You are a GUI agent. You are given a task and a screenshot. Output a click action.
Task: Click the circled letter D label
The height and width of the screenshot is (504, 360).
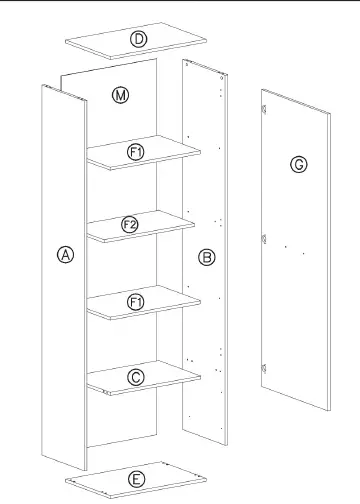coord(138,39)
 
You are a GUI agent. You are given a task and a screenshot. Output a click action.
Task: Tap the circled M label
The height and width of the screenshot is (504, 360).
coord(120,95)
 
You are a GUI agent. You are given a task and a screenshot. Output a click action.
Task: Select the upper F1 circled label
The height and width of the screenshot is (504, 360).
coord(136,152)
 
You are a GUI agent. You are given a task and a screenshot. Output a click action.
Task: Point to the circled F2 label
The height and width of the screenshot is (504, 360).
coord(130,225)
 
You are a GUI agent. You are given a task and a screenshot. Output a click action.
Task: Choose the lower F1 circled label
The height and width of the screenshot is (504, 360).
coord(136,302)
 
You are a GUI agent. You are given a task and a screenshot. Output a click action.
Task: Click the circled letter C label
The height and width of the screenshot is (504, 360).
coord(136,378)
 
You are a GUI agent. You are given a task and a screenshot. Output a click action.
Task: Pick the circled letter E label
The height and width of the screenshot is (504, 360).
coord(137,480)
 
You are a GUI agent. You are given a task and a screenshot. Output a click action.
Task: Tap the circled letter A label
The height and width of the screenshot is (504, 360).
coord(66,255)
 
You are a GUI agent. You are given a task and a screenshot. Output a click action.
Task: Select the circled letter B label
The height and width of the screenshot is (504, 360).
coord(207,257)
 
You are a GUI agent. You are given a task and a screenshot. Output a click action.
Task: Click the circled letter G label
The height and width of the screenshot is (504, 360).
coord(299,165)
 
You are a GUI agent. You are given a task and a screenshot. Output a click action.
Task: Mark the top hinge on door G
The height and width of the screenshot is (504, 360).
coord(264,109)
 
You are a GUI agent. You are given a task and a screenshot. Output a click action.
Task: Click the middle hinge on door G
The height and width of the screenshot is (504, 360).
coord(264,239)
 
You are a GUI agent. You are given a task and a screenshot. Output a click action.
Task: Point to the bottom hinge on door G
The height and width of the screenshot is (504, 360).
coord(264,368)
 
